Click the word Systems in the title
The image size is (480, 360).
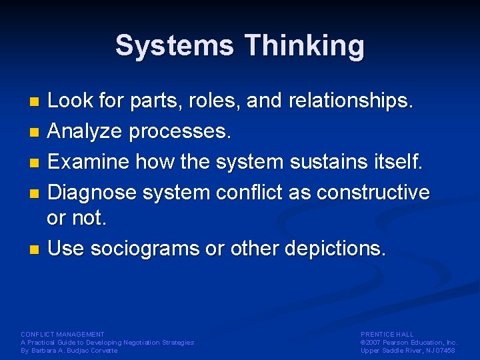point(175,46)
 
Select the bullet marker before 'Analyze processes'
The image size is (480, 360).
point(36,132)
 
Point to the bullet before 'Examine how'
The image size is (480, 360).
point(36,162)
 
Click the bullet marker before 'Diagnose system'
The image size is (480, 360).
point(36,193)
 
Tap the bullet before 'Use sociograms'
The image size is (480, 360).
point(36,250)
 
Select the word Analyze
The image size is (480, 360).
point(85,131)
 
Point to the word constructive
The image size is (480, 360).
point(373,192)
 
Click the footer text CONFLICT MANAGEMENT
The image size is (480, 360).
point(63,334)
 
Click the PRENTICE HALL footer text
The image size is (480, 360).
point(387,334)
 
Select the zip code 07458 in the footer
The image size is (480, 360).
point(445,350)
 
